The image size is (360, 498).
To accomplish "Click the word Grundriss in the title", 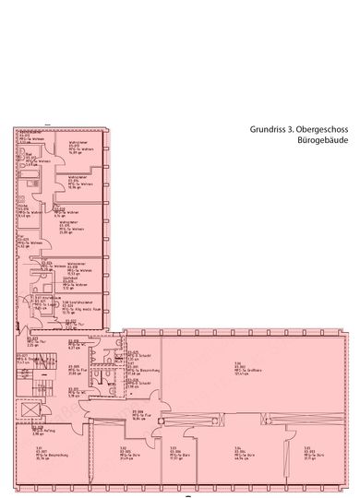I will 265,132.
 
